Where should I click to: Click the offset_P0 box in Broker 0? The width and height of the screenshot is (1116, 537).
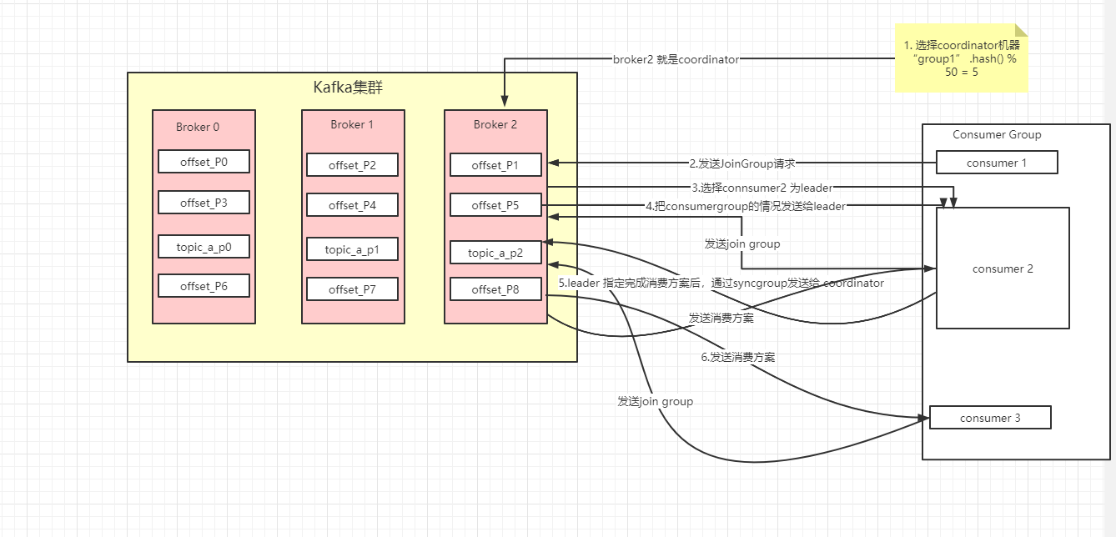(x=204, y=163)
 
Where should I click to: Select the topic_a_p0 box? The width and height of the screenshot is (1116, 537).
(x=204, y=247)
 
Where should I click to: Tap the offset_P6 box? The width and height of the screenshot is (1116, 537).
(x=204, y=286)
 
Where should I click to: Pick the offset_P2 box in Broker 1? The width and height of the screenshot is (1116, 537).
(x=352, y=165)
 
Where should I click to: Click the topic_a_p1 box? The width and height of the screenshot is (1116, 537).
(x=352, y=249)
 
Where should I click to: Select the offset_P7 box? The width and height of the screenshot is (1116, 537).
(x=352, y=289)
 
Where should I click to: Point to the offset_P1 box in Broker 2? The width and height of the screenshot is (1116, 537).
(x=495, y=165)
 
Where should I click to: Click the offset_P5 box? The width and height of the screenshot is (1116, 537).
(x=495, y=205)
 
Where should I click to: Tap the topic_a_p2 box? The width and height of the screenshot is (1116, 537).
(x=495, y=253)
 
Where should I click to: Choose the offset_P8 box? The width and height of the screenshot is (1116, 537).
(x=495, y=289)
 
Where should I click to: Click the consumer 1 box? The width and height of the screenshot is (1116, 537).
(x=997, y=163)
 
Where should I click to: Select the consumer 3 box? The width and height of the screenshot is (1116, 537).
(x=990, y=418)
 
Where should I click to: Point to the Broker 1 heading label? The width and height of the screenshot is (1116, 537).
(x=352, y=124)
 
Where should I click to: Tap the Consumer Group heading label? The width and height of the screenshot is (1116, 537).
(x=997, y=134)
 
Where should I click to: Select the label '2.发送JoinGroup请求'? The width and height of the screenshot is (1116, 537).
(x=741, y=163)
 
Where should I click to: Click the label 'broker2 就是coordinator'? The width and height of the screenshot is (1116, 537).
(x=676, y=60)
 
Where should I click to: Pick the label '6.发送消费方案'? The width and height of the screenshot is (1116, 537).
(x=737, y=357)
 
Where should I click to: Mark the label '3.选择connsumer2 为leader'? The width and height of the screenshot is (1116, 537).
(x=762, y=188)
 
